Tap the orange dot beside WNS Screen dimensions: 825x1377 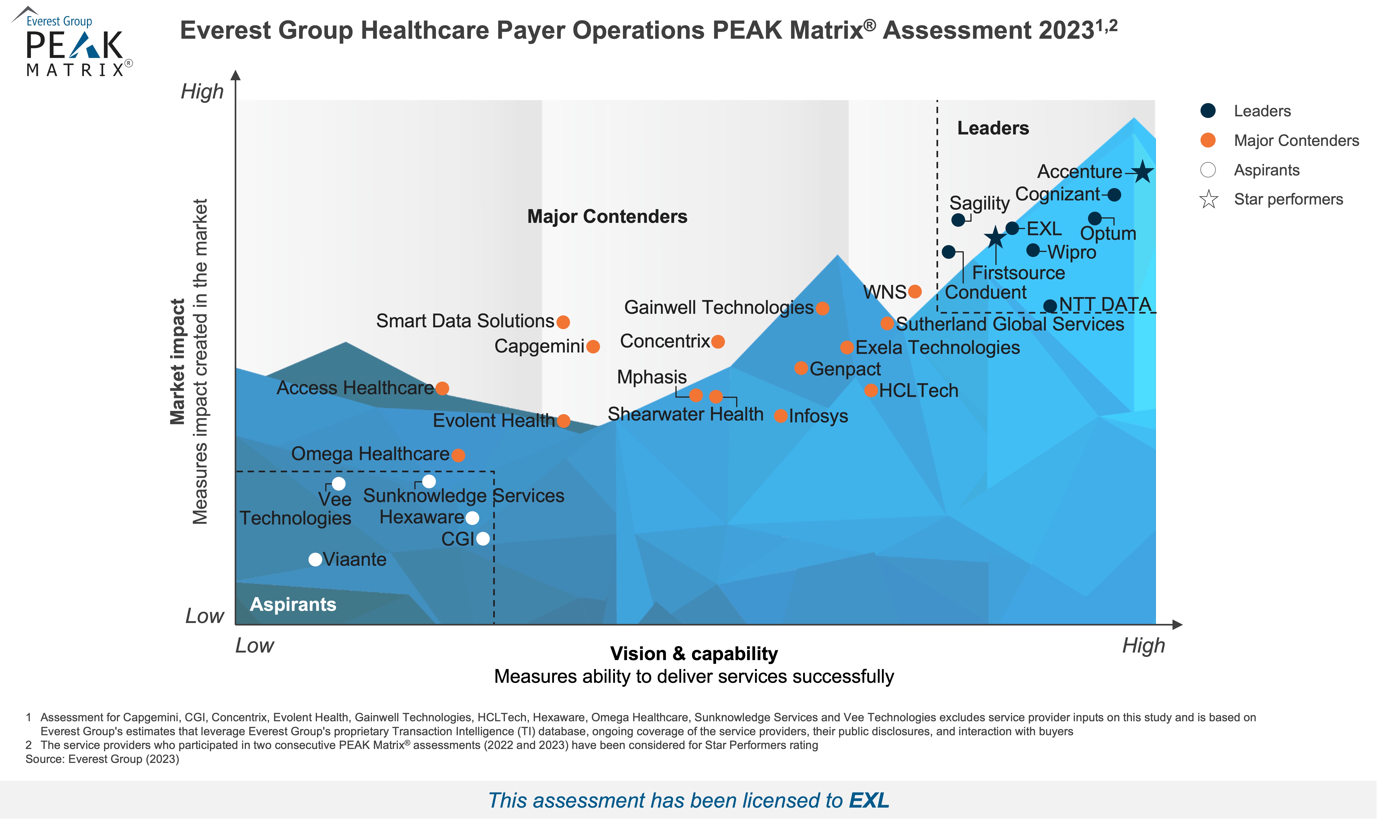tap(915, 291)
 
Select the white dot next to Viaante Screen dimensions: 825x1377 tap(315, 559)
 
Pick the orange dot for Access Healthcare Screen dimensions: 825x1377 tap(442, 388)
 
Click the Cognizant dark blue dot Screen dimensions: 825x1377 tap(1114, 195)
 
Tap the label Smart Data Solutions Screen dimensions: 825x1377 tap(465, 321)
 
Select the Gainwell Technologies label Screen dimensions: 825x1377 tap(719, 307)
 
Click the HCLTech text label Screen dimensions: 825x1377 tap(919, 391)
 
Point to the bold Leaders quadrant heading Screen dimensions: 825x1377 tap(993, 128)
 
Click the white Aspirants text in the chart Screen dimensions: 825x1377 tap(293, 604)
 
